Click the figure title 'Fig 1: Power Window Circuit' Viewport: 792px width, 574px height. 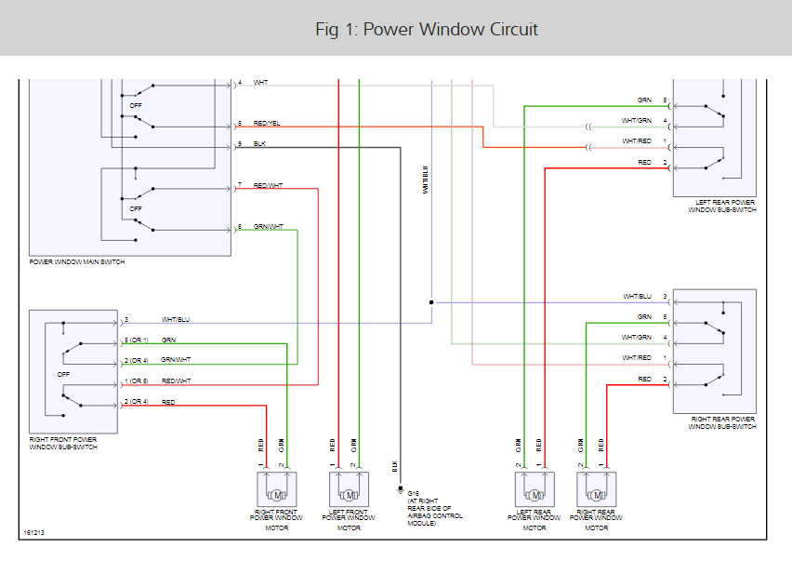point(427,29)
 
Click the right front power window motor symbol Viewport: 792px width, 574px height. point(275,490)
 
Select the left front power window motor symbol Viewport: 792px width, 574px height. point(349,490)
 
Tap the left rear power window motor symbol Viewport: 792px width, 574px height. point(535,490)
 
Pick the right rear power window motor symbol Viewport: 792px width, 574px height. point(597,490)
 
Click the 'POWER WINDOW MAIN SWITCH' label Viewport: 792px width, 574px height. point(76,262)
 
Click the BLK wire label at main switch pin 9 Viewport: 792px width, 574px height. point(259,144)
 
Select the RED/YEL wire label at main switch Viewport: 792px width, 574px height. point(266,123)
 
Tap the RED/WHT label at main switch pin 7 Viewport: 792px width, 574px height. point(268,186)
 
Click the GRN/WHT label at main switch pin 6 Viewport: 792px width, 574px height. point(268,227)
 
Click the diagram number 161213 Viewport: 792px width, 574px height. point(33,533)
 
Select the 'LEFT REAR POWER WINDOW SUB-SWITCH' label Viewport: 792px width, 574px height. point(721,206)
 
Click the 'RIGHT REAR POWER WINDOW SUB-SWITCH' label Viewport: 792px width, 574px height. point(721,423)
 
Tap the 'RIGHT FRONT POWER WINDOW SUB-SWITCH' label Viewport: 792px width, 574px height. point(63,443)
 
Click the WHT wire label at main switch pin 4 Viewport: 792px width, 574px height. point(260,82)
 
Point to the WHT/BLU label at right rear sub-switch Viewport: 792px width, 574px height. point(637,297)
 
